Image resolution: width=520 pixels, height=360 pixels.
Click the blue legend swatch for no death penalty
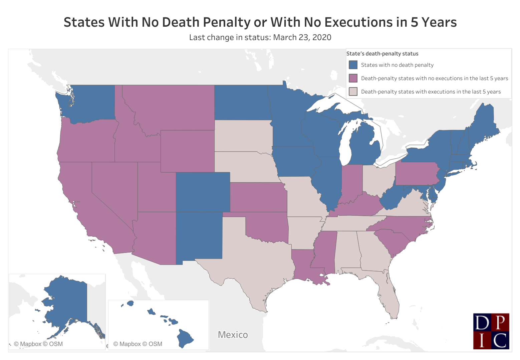click(x=353, y=65)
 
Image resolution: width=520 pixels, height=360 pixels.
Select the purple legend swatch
click(x=353, y=78)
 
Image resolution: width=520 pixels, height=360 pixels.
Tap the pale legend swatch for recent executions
click(x=353, y=92)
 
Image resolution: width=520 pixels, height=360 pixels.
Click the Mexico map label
click(x=233, y=335)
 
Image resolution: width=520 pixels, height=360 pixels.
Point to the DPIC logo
click(x=491, y=331)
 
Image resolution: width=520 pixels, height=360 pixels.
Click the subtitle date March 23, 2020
click(x=302, y=37)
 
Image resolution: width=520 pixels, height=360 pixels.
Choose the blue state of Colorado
click(x=203, y=192)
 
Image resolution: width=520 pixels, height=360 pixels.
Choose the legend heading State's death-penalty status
click(x=382, y=53)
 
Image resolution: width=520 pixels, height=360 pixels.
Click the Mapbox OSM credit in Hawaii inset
click(x=138, y=344)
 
